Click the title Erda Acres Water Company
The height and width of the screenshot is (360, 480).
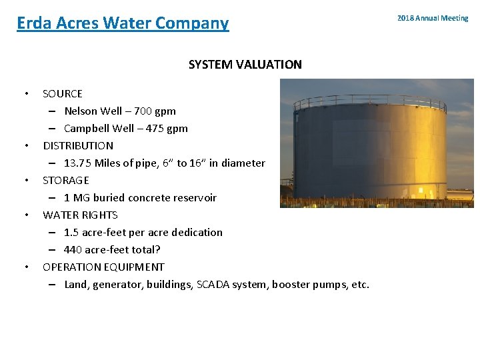click(x=123, y=23)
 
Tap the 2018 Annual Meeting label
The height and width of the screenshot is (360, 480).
click(x=433, y=18)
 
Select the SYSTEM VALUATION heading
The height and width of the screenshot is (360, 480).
click(x=245, y=65)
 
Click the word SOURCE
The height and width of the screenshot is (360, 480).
click(x=63, y=94)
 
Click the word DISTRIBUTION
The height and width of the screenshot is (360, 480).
click(x=78, y=145)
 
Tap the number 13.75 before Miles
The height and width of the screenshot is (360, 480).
click(x=78, y=163)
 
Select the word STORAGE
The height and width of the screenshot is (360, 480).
click(x=66, y=180)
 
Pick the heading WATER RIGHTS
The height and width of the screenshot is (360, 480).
click(x=80, y=215)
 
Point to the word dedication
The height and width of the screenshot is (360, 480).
click(x=197, y=233)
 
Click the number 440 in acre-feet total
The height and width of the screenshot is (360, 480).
click(x=73, y=250)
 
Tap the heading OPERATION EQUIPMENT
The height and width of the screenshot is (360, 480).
click(x=103, y=267)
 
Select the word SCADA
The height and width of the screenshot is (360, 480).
click(x=214, y=285)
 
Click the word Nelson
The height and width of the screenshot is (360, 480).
click(x=81, y=111)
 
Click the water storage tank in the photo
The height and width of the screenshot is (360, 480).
click(x=370, y=153)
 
